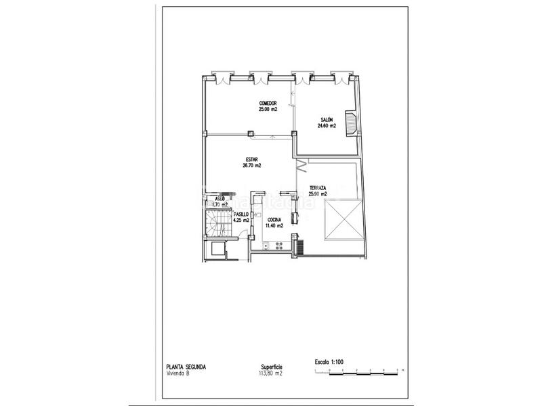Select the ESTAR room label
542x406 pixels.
(x=252, y=160)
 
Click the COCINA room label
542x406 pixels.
(x=274, y=219)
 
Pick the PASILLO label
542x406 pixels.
(x=241, y=214)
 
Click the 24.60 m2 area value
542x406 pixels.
(x=328, y=125)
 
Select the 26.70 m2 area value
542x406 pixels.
(x=252, y=166)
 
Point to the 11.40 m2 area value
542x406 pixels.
(x=274, y=225)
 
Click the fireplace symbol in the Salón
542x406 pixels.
(x=351, y=124)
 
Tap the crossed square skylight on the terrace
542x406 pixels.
(x=343, y=219)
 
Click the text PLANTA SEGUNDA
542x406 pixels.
(x=186, y=367)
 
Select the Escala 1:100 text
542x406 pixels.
(x=330, y=362)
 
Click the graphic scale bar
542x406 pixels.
(x=359, y=371)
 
